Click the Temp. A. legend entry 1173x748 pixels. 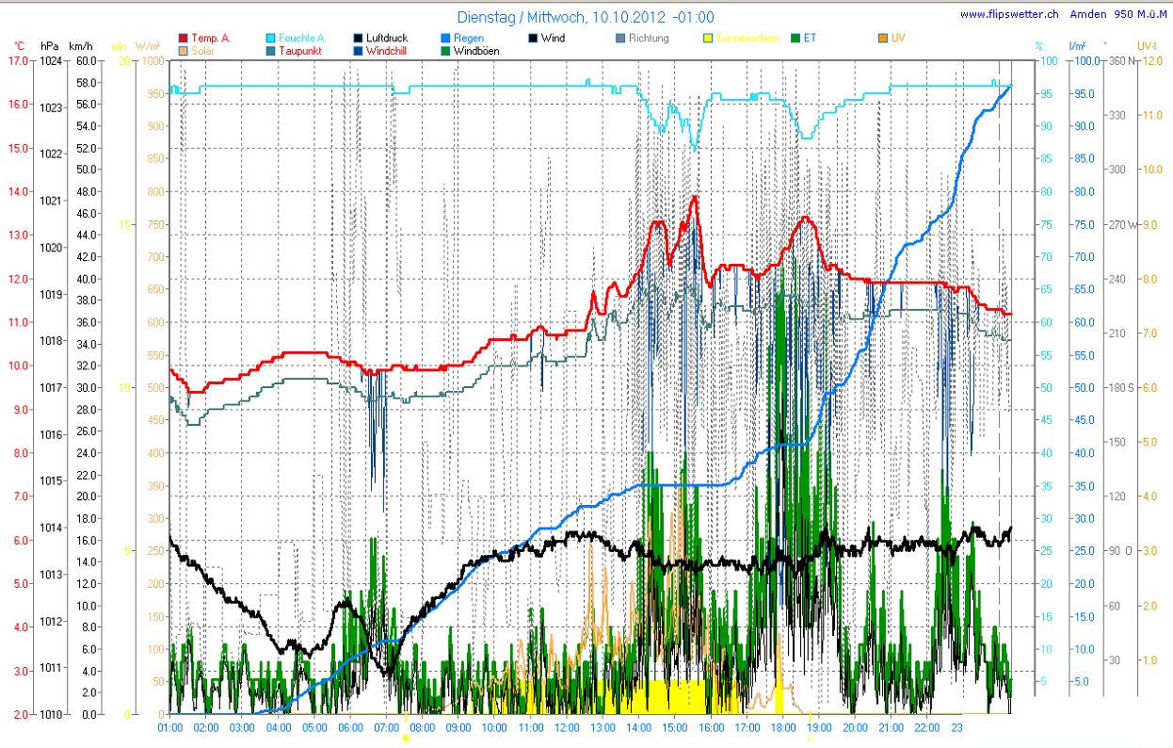pos(210,38)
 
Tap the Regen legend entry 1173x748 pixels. pos(468,38)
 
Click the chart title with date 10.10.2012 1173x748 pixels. pos(585,17)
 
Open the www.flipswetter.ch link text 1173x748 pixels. pos(1009,14)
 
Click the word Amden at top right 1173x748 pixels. pos(1088,14)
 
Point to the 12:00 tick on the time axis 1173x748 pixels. pos(567,727)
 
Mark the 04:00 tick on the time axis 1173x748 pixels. pos(279,727)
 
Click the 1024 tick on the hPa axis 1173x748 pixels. pos(50,60)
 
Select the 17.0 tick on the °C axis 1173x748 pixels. pos(17,60)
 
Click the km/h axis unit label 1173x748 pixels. pos(81,45)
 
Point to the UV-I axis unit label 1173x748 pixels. pos(1146,45)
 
